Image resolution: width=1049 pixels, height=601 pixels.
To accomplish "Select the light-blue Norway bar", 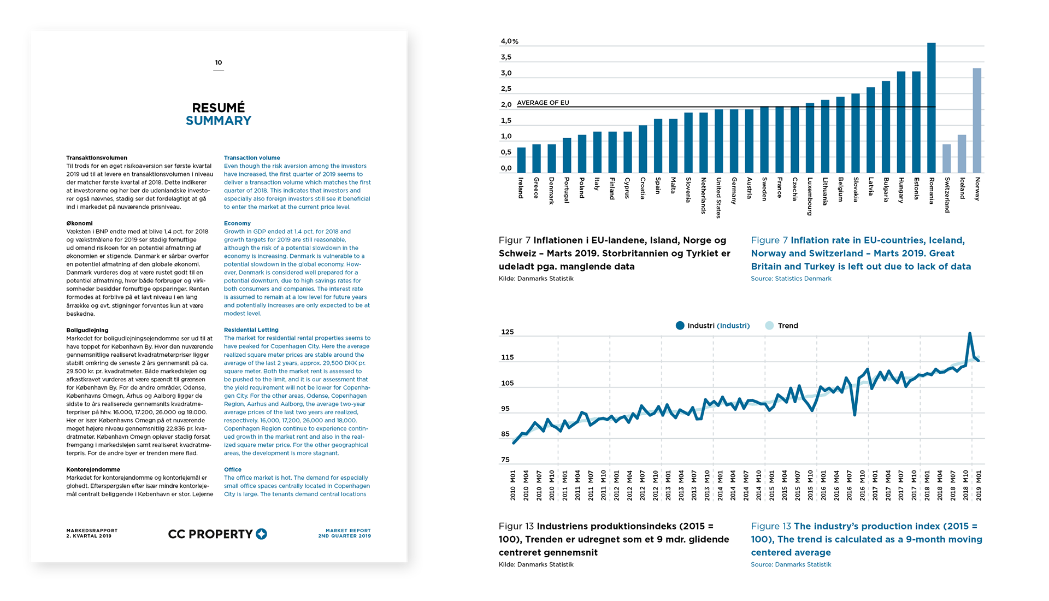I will coord(977,121).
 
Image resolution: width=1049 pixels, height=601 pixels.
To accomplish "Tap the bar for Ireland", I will coord(521,160).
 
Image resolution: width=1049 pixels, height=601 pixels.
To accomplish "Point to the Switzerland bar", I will coord(947,158).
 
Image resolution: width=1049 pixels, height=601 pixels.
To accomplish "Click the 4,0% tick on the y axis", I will coord(509,42).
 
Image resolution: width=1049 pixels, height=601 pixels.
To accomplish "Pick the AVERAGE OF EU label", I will coord(543,103).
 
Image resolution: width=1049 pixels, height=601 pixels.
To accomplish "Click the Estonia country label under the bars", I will coord(916,188).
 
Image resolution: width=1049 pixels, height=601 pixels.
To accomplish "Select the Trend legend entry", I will coord(782,326).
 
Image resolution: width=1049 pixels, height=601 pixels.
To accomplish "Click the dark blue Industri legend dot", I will coord(680,326).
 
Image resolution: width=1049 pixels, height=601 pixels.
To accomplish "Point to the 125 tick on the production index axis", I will coord(507,332).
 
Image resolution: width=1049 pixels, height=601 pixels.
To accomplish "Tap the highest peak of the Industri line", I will coord(970,333).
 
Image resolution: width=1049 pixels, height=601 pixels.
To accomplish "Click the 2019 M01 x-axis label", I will coord(979,485).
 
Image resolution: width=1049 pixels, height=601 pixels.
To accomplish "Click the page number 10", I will coord(219,63).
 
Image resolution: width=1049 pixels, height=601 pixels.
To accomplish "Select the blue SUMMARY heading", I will coord(219,121).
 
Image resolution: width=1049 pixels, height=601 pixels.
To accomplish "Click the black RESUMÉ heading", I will coord(219,108).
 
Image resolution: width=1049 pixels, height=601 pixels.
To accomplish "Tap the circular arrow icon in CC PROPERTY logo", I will coord(261,534).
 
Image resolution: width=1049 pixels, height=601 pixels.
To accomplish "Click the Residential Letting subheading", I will coord(251,330).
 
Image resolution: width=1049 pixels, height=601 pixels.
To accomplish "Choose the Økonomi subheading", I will coord(80,223).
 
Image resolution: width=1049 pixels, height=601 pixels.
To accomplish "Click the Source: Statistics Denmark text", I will coord(791,279).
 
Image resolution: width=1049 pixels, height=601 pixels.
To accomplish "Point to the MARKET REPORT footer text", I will coord(347,531).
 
